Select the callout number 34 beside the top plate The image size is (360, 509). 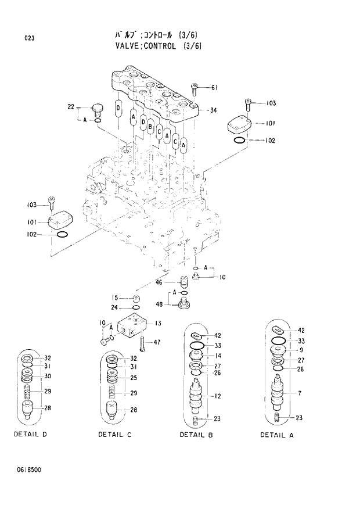pyautogui.click(x=214, y=110)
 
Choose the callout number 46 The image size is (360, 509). pyautogui.click(x=159, y=282)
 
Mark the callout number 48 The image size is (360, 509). pyautogui.click(x=159, y=304)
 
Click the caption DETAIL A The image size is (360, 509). pyautogui.click(x=278, y=435)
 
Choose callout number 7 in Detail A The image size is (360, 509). pyautogui.click(x=300, y=394)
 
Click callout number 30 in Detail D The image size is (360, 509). pyautogui.click(x=48, y=376)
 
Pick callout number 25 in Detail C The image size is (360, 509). pyautogui.click(x=133, y=378)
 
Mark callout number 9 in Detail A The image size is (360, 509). pyautogui.click(x=301, y=350)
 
